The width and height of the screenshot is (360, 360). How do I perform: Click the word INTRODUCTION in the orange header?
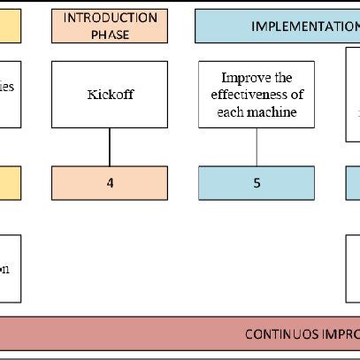[x=110, y=18]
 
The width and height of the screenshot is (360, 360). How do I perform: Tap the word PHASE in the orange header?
[x=110, y=34]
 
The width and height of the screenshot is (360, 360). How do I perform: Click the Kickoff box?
[x=110, y=94]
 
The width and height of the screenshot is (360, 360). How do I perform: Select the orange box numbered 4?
[x=110, y=183]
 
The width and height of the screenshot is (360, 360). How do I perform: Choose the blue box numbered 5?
[x=257, y=183]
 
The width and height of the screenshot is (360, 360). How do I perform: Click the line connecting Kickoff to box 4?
[x=110, y=147]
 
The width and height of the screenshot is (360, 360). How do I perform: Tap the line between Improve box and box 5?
[x=257, y=147]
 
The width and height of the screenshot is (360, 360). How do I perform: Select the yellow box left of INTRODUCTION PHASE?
[x=10, y=26]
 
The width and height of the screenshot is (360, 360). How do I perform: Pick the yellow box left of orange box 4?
[x=10, y=183]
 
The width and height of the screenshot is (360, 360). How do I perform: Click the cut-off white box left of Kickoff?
[x=10, y=94]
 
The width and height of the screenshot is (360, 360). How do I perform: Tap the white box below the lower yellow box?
[x=10, y=269]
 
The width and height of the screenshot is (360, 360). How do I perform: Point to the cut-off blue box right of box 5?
[x=353, y=183]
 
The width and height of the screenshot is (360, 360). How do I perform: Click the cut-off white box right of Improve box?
[x=352, y=94]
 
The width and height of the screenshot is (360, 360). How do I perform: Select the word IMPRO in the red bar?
[x=341, y=333]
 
